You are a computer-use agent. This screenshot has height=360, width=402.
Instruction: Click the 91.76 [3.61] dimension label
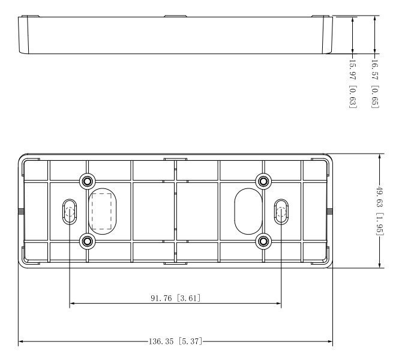tap(176, 298)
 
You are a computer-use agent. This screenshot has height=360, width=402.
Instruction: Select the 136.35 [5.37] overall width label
tap(176, 341)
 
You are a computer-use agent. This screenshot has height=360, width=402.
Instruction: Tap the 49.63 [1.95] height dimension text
tap(379, 211)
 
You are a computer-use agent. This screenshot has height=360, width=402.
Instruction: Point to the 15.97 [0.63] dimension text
tap(353, 84)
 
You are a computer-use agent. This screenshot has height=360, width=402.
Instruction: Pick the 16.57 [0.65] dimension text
tap(375, 84)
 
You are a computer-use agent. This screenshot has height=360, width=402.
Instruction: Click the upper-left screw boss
tap(87, 181)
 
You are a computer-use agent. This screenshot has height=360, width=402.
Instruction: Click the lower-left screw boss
tap(87, 241)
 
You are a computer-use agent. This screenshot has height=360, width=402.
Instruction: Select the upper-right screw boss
tap(263, 181)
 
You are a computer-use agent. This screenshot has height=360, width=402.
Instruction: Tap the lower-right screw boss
tap(263, 241)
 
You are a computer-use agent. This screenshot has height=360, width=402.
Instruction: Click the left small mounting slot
tap(70, 212)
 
